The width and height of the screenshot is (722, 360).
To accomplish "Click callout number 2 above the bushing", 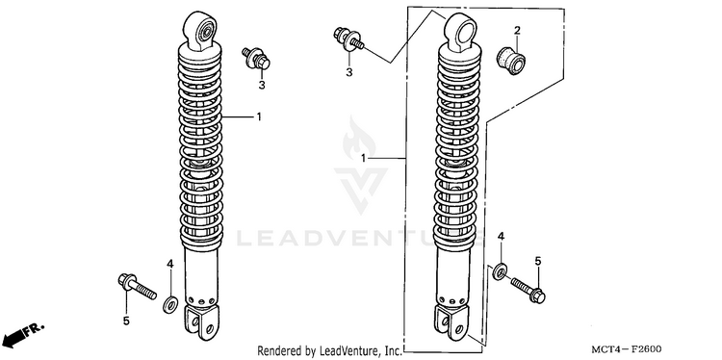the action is coord(517,31).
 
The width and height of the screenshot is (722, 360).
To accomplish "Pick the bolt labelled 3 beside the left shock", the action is coord(256,58).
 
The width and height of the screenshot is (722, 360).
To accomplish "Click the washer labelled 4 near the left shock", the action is coord(170,305).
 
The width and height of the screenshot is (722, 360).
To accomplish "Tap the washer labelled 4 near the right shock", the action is coord(500,271).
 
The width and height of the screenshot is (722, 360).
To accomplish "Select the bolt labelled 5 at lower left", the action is coord(137,285).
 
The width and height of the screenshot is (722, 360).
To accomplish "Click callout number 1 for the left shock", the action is coord(259,116).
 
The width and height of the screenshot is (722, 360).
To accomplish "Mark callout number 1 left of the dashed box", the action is coord(363,159).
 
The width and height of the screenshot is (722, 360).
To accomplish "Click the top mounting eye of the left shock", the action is coord(200,29).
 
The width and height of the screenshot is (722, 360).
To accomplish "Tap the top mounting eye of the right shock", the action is coord(460,31).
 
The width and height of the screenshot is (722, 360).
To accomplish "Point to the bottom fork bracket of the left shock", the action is coord(201,321).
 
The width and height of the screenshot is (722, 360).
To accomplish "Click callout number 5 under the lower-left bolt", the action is coord(126,321).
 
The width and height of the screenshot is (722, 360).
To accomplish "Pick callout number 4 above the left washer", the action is coord(169,264).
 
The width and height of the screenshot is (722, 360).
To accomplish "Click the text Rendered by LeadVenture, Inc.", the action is coord(329,351).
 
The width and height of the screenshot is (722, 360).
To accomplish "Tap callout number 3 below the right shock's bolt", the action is coord(349,72).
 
